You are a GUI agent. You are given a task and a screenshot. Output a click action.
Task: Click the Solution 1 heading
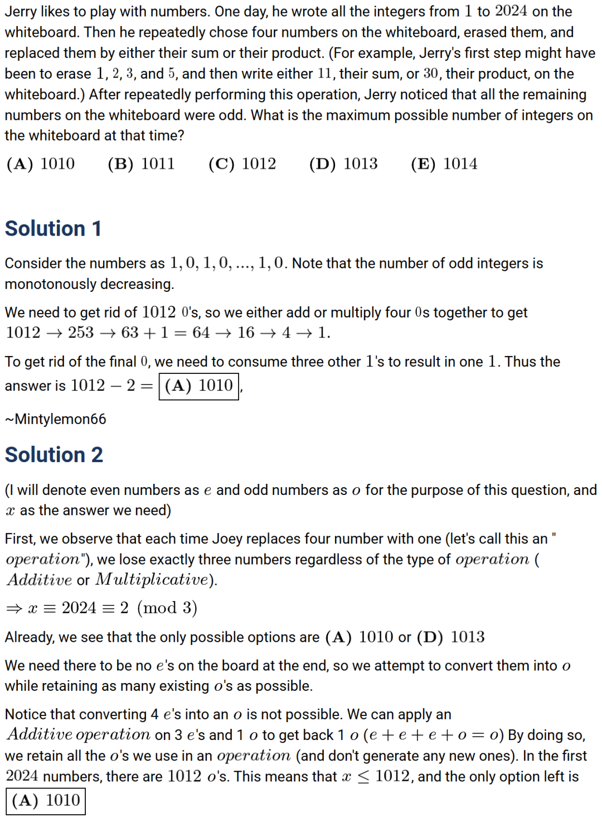53,229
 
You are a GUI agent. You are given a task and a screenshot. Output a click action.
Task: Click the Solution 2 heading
54,455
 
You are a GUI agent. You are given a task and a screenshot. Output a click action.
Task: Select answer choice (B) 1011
141,164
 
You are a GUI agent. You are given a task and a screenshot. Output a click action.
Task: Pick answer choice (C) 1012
242,164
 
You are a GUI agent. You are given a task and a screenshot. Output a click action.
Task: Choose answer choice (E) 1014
444,164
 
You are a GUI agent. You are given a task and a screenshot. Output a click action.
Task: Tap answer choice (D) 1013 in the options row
343,164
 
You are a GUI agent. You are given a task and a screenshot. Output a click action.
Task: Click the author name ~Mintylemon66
55,419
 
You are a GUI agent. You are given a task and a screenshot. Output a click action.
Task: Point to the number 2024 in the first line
511,11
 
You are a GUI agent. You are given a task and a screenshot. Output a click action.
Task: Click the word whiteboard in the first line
36,32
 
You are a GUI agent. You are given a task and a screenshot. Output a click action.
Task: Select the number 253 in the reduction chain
81,333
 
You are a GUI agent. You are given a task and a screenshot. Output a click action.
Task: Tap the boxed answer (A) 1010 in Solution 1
199,386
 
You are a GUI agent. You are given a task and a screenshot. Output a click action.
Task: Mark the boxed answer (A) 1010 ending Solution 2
46,801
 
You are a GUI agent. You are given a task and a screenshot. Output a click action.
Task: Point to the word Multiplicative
152,580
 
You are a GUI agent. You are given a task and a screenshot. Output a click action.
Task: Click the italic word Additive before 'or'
40,580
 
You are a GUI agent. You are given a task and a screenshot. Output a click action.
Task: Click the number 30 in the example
430,74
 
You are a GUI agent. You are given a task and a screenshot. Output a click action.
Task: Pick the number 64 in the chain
201,333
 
